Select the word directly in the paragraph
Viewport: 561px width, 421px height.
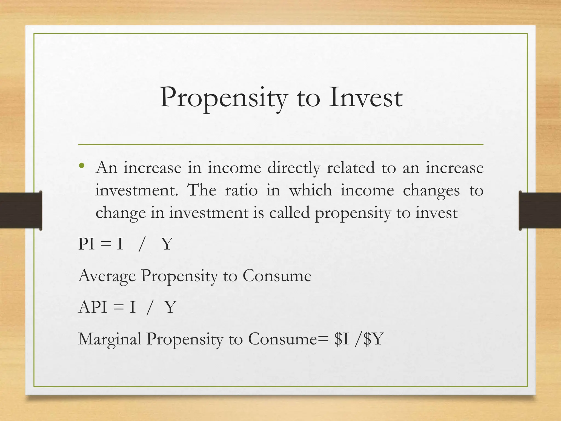point(294,168)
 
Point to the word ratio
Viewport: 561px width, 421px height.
point(241,190)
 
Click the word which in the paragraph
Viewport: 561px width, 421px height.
point(310,190)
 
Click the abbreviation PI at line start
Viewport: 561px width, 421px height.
point(86,244)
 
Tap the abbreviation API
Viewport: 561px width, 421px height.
point(93,307)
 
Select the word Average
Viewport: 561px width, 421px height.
point(107,276)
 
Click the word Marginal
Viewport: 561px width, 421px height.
point(110,339)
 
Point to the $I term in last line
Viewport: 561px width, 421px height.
point(341,339)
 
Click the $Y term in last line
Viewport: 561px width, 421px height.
point(374,339)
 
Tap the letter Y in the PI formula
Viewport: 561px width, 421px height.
point(167,244)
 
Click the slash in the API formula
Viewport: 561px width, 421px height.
point(149,308)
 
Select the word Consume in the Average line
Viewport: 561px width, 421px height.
point(277,276)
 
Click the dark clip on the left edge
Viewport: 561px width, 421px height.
point(21,210)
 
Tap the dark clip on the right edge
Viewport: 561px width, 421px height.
point(540,210)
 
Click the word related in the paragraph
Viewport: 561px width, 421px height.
point(350,168)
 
